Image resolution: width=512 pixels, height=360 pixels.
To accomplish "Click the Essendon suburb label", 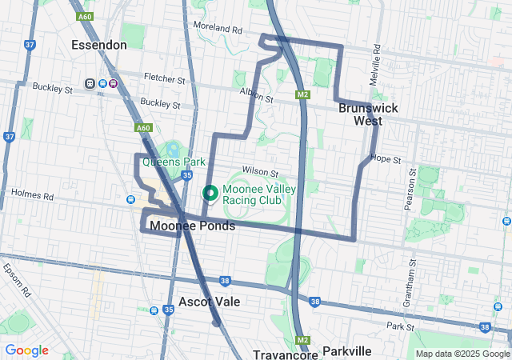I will [99, 45].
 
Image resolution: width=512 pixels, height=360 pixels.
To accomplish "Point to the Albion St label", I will [256, 96].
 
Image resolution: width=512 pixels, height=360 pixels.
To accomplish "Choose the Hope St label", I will [386, 159].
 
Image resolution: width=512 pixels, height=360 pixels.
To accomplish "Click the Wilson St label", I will [260, 171].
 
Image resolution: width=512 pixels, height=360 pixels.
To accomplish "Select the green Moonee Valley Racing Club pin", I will [210, 193].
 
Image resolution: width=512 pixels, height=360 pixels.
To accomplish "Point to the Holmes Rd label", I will [32, 195].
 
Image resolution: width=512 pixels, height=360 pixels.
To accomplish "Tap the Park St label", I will [398, 326].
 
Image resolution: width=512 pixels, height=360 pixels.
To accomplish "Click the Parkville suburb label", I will [346, 351].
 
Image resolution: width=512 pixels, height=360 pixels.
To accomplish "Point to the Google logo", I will [26, 350].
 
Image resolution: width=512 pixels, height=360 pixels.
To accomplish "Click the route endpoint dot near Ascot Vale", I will [215, 323].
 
